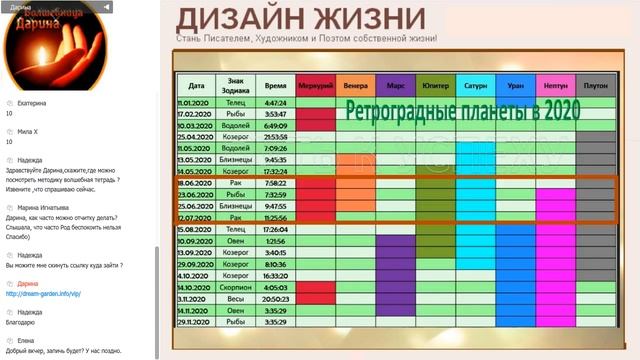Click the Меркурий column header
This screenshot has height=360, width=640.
(x=316, y=85)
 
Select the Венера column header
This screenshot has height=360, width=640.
(x=356, y=85)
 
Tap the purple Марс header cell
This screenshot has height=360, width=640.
(x=396, y=85)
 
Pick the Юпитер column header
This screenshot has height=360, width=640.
(x=435, y=85)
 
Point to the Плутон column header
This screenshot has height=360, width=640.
(x=595, y=85)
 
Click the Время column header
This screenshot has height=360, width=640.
(x=275, y=85)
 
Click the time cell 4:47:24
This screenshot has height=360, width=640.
(x=275, y=103)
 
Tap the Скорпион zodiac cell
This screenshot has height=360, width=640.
(x=236, y=286)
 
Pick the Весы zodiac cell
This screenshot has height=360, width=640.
(x=236, y=298)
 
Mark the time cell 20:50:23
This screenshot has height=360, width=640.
(x=275, y=298)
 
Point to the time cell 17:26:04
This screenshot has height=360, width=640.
(x=275, y=229)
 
